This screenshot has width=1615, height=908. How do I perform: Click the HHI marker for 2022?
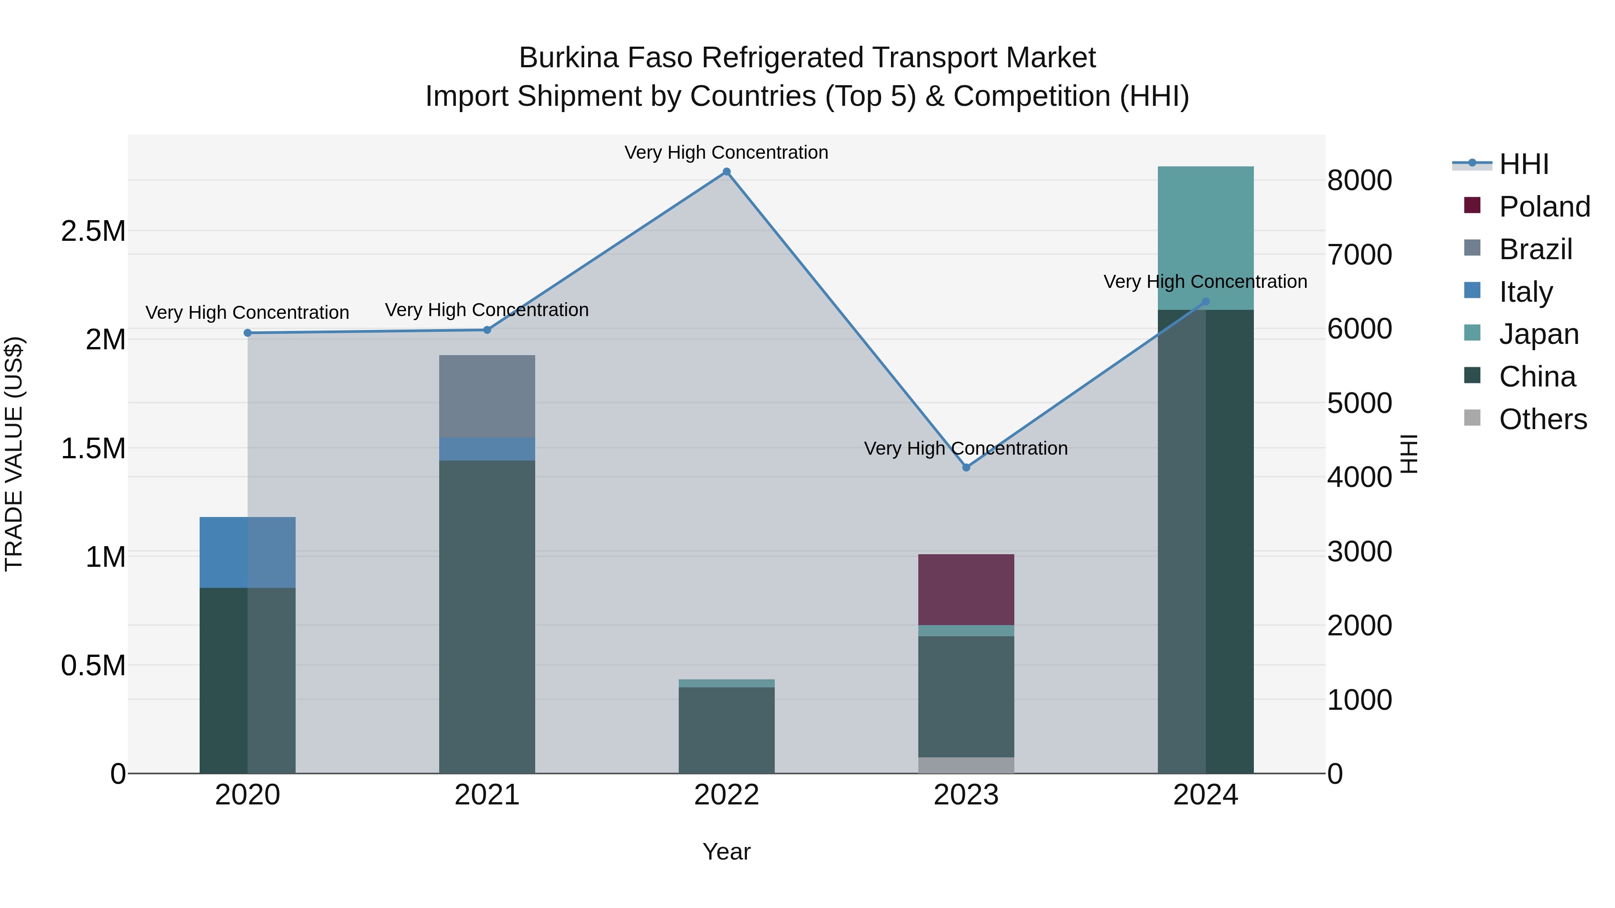[727, 172]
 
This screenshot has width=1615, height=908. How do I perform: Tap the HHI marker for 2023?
[966, 468]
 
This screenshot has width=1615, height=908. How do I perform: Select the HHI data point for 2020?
[248, 333]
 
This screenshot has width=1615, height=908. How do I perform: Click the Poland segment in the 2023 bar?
[966, 589]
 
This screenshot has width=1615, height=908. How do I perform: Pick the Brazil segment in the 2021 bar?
[487, 396]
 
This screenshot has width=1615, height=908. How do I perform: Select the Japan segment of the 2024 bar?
[1205, 238]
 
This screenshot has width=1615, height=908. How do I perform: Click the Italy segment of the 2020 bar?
[248, 552]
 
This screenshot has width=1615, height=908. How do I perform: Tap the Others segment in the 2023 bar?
[966, 765]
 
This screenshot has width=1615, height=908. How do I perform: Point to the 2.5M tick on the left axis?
[93, 231]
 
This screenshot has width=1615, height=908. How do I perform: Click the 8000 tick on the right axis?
[1359, 180]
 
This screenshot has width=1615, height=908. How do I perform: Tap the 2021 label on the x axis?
[487, 795]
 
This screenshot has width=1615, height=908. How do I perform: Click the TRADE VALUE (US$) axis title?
[14, 454]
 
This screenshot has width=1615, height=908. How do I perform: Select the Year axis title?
[727, 852]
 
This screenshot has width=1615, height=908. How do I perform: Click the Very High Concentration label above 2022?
[727, 152]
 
